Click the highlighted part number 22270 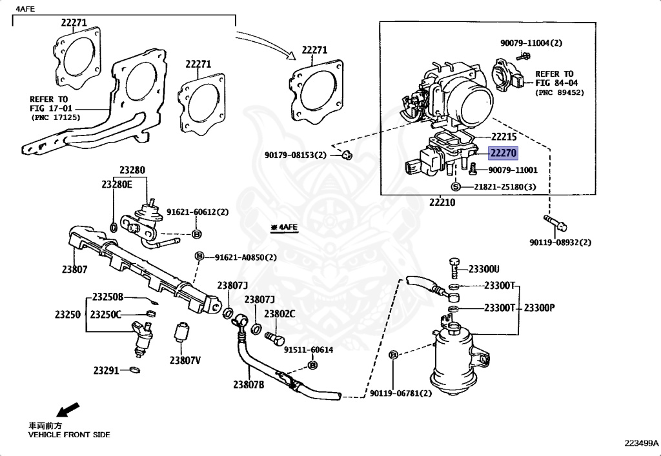point(502,154)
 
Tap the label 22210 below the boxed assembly point(442,202)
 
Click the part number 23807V point(185,360)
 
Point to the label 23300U point(484,269)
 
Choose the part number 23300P point(539,308)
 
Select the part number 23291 point(107,370)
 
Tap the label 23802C point(280,313)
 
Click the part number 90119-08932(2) point(560,242)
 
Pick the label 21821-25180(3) point(505,186)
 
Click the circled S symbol point(455,186)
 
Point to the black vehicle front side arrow point(68,410)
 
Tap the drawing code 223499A point(641,443)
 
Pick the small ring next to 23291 point(134,370)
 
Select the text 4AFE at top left point(25,8)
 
